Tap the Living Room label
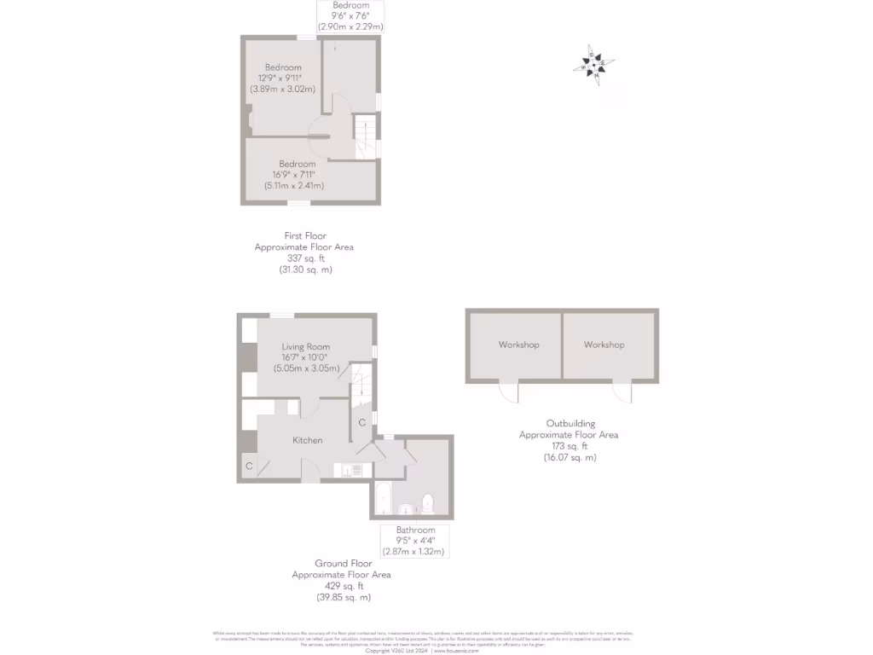306,347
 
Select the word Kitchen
307,440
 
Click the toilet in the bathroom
428,503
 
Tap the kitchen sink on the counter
350,468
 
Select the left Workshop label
518,345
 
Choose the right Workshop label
604,345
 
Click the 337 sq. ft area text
304,258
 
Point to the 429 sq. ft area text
341,586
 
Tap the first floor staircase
365,136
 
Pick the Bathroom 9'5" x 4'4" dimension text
415,540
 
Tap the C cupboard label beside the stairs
361,423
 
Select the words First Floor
305,235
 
